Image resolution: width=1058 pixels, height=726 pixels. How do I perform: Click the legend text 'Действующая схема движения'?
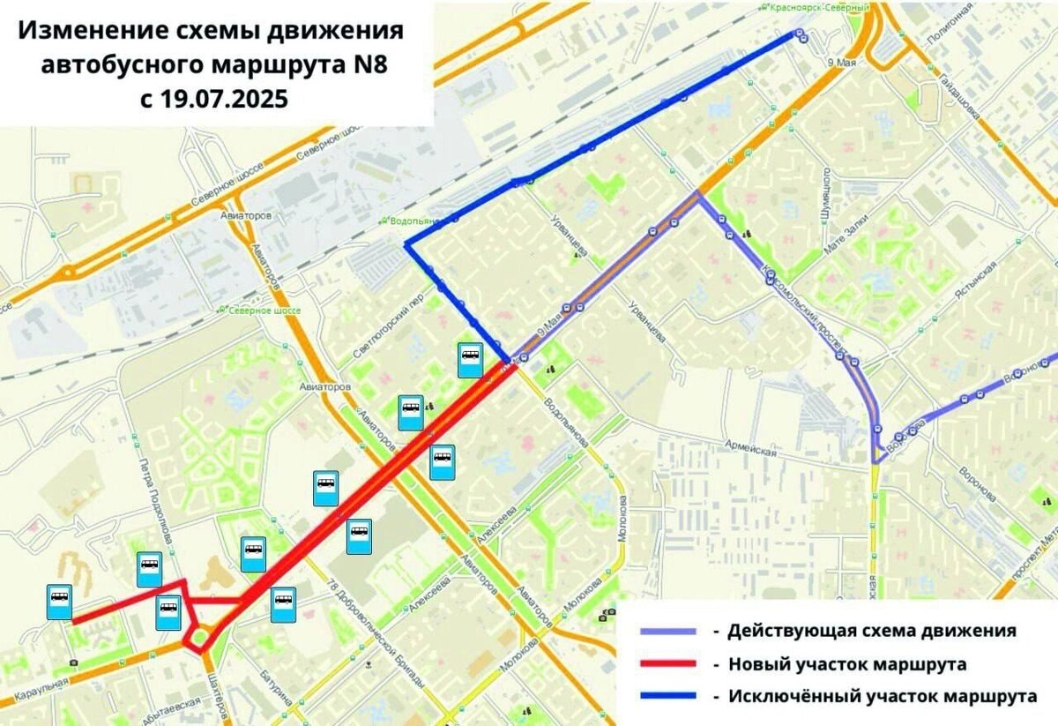coord(872,631)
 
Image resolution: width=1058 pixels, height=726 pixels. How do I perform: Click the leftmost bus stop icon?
coord(59,602)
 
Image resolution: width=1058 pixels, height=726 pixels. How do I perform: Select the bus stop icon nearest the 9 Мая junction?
coord(470,360)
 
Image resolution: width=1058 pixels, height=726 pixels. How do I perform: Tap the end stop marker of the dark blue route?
coord(800,34)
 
